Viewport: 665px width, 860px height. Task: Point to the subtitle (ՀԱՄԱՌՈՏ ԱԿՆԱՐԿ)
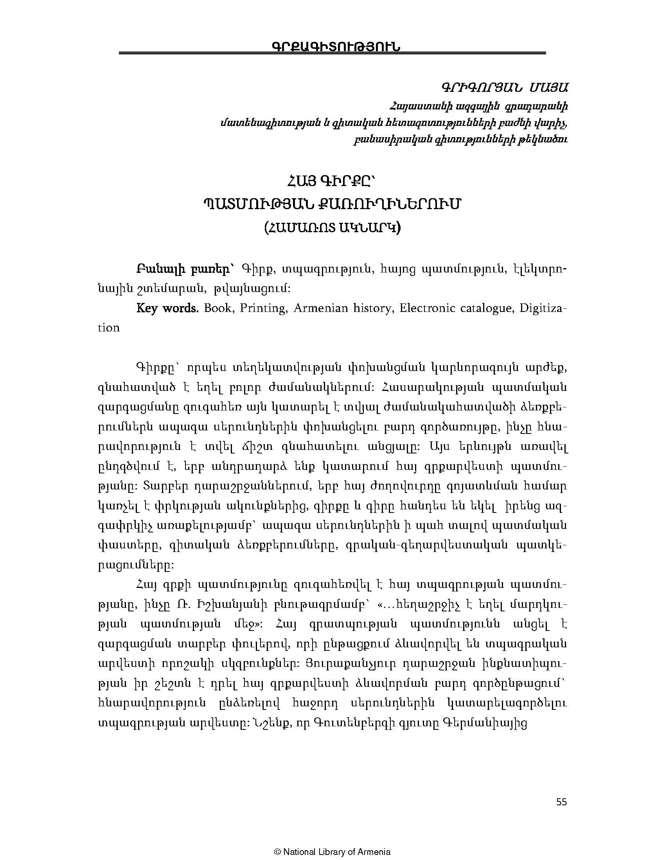(332, 228)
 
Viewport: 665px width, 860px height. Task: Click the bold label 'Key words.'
(167, 308)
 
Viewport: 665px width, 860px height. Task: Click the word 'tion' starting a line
(109, 328)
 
